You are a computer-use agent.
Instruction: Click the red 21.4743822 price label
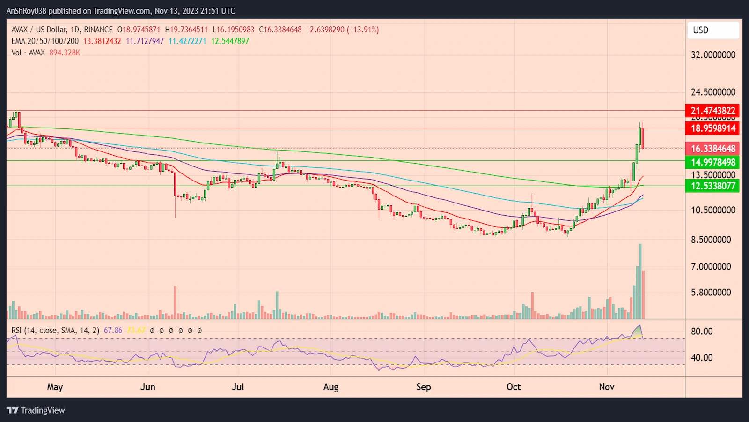coord(712,111)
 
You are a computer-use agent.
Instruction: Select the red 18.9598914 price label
coord(712,128)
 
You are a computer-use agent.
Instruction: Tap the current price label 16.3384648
coord(712,149)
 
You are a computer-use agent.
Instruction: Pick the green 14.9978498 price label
coord(712,162)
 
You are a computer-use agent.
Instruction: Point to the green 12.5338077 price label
coord(712,186)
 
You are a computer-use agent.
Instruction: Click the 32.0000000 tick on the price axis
coord(712,55)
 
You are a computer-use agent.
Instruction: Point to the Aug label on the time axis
coord(330,387)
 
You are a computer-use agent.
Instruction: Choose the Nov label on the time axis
coord(607,387)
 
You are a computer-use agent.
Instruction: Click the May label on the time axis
coord(55,387)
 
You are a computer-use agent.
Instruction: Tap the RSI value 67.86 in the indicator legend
coord(113,331)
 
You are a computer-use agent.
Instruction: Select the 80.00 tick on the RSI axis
coord(702,331)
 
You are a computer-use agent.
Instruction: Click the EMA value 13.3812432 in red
coord(102,41)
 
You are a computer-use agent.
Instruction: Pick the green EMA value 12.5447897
coord(230,41)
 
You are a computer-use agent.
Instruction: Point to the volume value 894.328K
coord(65,53)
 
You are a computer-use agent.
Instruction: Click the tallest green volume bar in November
coord(640,281)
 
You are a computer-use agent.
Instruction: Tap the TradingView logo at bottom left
coord(36,410)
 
